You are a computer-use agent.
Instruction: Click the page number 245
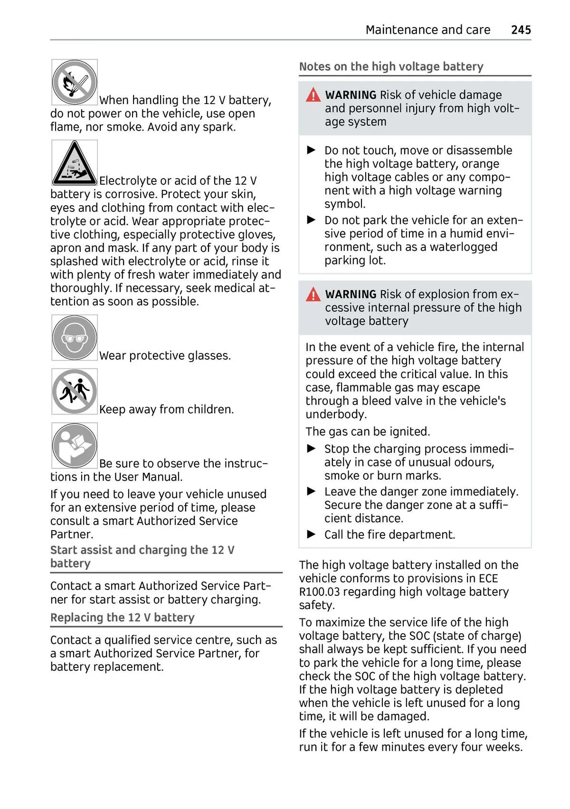(x=521, y=30)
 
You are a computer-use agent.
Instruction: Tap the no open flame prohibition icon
(x=75, y=82)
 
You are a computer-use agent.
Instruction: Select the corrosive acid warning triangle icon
(x=75, y=163)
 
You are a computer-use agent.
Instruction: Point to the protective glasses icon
(x=75, y=338)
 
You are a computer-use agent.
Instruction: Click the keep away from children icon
(x=75, y=391)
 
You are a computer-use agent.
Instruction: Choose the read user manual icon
(x=75, y=446)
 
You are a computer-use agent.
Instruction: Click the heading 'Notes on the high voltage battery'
(x=391, y=67)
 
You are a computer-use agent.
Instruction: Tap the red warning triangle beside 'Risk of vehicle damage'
(x=313, y=95)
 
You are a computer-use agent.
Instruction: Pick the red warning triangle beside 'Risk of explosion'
(x=313, y=295)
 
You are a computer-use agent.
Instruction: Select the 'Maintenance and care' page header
(x=427, y=30)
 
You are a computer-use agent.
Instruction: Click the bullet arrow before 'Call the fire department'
(x=312, y=534)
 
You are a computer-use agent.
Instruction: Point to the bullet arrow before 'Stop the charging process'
(x=312, y=448)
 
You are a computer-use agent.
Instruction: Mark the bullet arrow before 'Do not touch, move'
(x=312, y=150)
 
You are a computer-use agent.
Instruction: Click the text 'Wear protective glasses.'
(x=165, y=356)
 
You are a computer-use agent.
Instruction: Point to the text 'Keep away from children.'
(x=166, y=409)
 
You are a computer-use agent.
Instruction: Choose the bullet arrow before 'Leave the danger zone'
(x=312, y=491)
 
